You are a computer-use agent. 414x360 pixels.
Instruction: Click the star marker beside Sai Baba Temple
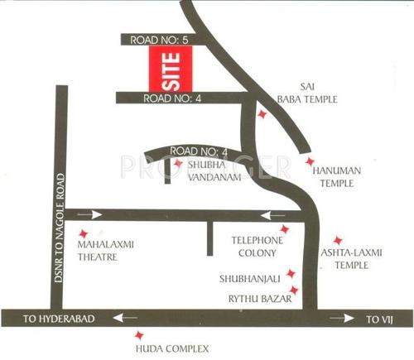[x=262, y=115]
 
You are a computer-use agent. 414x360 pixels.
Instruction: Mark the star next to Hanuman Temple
[x=310, y=161]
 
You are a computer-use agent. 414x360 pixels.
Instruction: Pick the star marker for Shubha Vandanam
[x=177, y=164]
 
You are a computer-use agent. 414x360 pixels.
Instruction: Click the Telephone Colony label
[x=258, y=247]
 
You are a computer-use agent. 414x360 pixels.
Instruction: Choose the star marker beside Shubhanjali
[x=291, y=273]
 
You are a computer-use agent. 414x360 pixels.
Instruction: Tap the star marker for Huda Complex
[x=138, y=335]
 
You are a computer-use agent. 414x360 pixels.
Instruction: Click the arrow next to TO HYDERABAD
[x=127, y=318]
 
